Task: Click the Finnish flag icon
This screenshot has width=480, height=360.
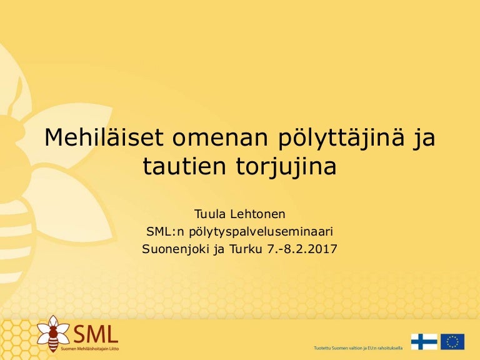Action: coord(424,342)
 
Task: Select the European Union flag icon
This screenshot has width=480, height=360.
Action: coord(452,342)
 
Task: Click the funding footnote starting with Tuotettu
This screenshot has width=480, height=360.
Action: coord(356,347)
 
